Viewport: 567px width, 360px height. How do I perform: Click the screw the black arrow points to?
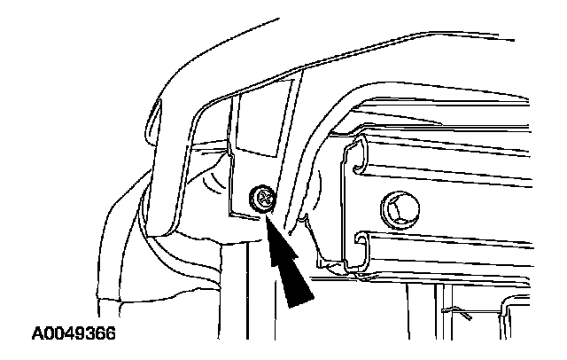[262, 200]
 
